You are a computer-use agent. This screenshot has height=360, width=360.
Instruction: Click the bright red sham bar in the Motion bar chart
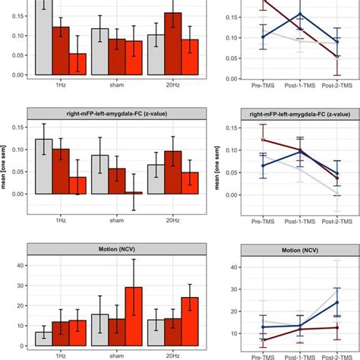134,316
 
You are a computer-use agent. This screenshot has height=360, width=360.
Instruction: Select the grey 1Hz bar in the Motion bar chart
43,339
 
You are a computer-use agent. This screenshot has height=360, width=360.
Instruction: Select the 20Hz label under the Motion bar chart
173,355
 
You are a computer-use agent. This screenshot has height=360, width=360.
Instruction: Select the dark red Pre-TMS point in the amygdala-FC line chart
262,140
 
